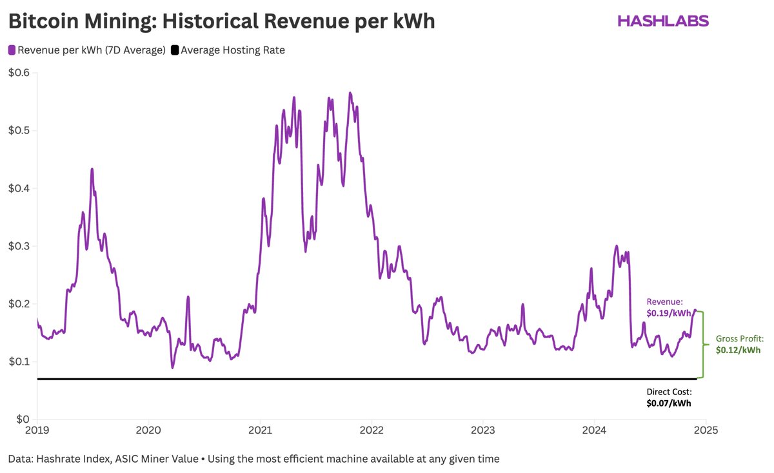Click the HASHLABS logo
tap(662, 21)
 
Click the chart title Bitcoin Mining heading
tap(221, 21)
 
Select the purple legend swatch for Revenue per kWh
tap(12, 50)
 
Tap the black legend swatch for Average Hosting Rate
tap(175, 50)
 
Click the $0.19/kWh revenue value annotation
tap(669, 313)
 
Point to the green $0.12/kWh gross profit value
tap(738, 350)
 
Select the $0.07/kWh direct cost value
tap(669, 403)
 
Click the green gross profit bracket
tap(702, 345)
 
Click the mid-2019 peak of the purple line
tap(92, 169)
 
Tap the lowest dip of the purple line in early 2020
tap(172, 367)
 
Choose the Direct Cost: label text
tap(669, 392)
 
